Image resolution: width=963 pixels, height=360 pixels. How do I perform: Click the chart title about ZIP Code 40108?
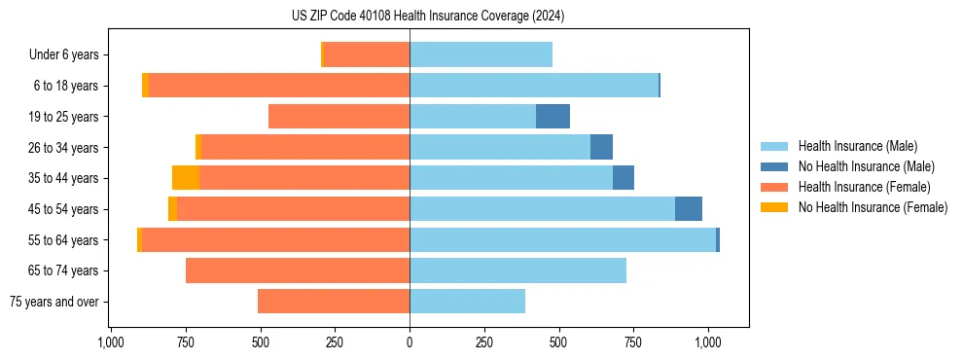(428, 16)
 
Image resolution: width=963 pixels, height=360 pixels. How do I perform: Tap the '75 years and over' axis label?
(53, 302)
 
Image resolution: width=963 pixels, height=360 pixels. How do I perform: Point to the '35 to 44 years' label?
(65, 178)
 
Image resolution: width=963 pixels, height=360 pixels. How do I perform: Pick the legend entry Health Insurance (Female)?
(864, 187)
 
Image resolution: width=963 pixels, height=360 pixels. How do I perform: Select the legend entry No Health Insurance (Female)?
(873, 207)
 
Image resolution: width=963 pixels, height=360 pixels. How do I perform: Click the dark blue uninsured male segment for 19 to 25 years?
(553, 117)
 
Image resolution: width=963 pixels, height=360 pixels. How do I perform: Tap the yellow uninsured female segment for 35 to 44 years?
(186, 178)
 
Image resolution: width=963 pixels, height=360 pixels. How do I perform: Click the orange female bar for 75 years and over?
(334, 302)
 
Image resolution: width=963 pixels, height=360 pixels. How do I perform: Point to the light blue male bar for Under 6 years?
(481, 55)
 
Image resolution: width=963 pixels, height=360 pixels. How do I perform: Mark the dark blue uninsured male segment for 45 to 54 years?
(689, 209)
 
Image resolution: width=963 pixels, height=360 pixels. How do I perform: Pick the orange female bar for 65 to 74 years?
(298, 270)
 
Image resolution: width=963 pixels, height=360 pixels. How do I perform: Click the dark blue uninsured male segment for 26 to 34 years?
(601, 148)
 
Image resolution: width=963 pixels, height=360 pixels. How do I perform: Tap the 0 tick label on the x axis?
(410, 342)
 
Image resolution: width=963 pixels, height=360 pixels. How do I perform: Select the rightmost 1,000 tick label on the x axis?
(708, 342)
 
